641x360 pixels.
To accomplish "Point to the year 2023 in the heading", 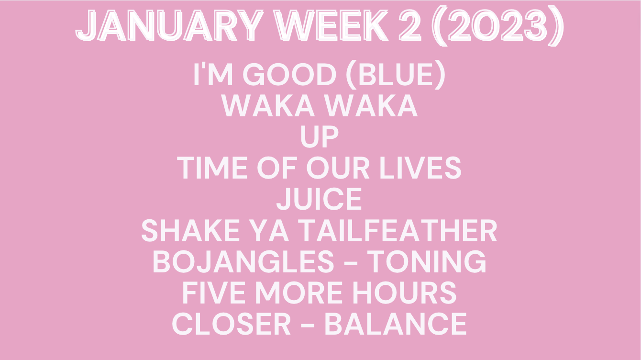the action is [x=498, y=26].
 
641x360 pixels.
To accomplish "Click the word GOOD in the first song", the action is [x=289, y=74].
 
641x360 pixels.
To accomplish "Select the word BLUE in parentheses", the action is [x=396, y=74].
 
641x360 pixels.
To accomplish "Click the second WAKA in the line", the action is [x=371, y=106].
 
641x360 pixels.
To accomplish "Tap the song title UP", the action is [x=320, y=137].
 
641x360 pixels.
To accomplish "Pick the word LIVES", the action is [x=420, y=168].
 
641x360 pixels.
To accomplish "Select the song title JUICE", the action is [x=319, y=199].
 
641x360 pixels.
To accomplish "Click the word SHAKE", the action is [x=190, y=231].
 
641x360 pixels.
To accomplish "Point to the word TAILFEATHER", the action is [x=399, y=231].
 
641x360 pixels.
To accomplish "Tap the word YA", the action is [x=270, y=231].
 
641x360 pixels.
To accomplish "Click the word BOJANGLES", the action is [x=243, y=262].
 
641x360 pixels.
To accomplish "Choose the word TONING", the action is [x=426, y=262].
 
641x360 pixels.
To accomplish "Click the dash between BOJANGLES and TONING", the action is [x=350, y=263].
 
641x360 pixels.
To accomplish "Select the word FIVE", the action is [x=213, y=293].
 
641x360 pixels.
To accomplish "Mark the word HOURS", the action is [x=404, y=293].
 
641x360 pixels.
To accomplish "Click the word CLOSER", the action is [x=231, y=324].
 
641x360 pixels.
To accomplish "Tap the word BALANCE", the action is [x=396, y=324].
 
